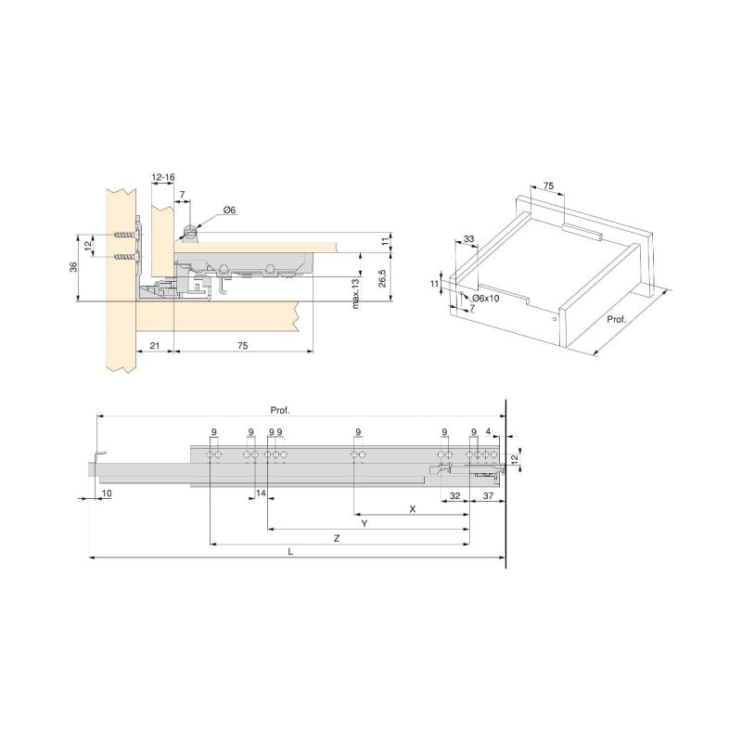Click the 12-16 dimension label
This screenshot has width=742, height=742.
pyautogui.click(x=163, y=177)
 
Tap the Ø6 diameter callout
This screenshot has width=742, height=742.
pyautogui.click(x=229, y=211)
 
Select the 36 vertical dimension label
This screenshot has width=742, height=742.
pyautogui.click(x=73, y=267)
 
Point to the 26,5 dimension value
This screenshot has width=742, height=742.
pyautogui.click(x=382, y=278)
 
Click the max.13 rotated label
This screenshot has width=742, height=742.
pyautogui.click(x=356, y=294)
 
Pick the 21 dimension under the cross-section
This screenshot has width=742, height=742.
pyautogui.click(x=155, y=346)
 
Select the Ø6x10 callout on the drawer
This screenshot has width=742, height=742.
pyautogui.click(x=485, y=299)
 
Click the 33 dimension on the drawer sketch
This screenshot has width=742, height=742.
pyautogui.click(x=468, y=239)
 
